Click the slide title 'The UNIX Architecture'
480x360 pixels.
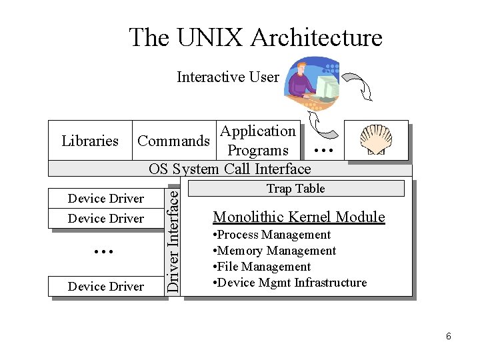click(255, 37)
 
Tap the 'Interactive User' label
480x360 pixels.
click(227, 77)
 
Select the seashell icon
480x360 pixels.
click(376, 141)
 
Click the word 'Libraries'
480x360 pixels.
click(89, 141)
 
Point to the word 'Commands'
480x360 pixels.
click(173, 141)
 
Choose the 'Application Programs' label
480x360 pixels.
click(257, 141)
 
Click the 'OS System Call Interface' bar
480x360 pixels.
click(230, 169)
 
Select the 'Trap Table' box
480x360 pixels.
click(295, 189)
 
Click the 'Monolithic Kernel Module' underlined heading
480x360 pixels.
click(299, 217)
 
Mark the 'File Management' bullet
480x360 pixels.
click(263, 267)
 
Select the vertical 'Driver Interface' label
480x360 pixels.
click(173, 239)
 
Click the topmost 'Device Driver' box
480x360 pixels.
click(106, 199)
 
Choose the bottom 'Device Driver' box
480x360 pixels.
click(106, 287)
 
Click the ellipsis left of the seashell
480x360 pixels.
click(323, 151)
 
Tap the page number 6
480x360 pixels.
click(448, 337)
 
